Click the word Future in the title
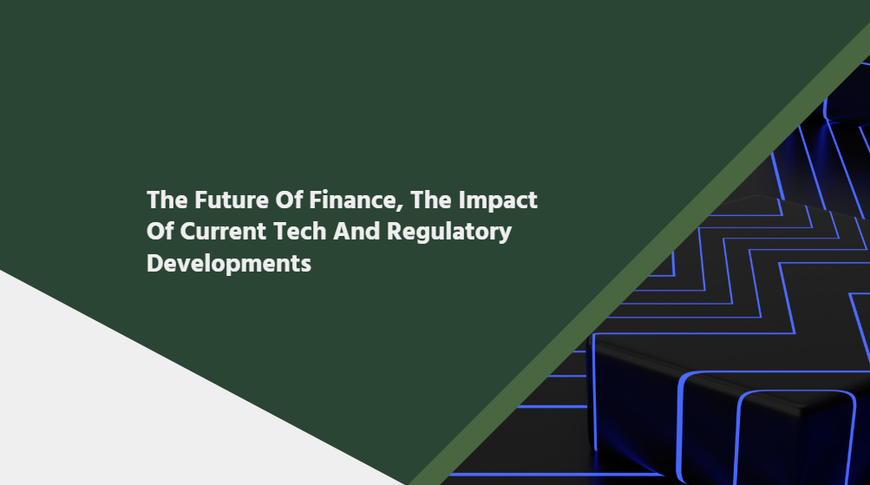coord(232,200)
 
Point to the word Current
coord(223,232)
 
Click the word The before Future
coord(167,200)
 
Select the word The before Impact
coord(430,200)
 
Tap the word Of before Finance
coord(289,200)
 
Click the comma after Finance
coord(400,208)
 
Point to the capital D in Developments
coord(154,263)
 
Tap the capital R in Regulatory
coord(395,232)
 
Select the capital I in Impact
coord(461,200)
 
